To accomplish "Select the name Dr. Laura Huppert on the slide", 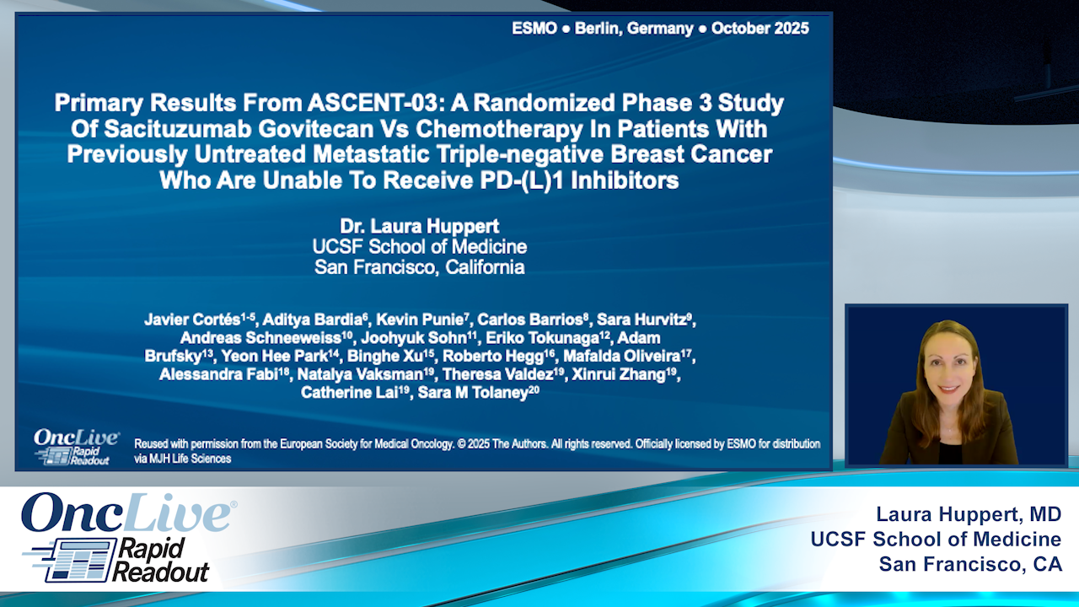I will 420,227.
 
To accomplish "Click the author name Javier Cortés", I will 194,320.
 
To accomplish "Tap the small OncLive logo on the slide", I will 75,438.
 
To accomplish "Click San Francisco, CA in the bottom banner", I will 969,564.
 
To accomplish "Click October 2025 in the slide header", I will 760,29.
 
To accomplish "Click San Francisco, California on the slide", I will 420,267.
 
